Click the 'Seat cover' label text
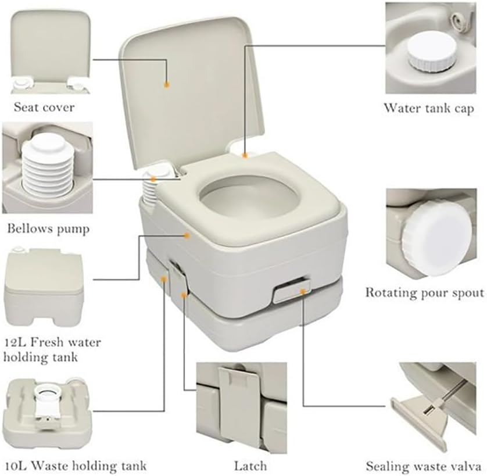[44, 107]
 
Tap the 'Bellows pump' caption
[48, 228]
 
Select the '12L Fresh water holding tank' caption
[52, 349]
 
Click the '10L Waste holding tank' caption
[75, 466]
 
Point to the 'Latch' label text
[250, 466]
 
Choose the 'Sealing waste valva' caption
[422, 466]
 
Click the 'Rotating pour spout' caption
[424, 292]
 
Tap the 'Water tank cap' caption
[428, 108]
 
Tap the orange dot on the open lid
[166, 84]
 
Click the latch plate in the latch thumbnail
[238, 395]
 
